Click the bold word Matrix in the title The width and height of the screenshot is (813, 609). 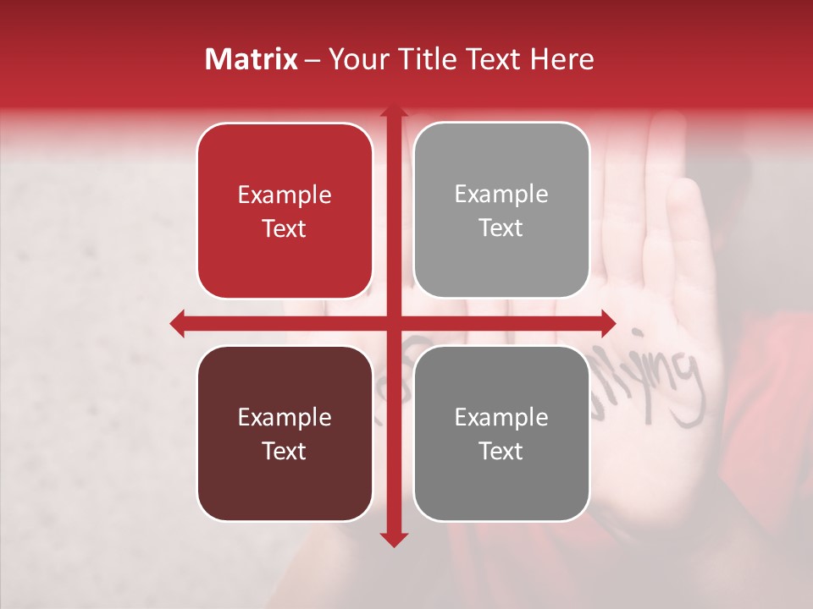pos(251,59)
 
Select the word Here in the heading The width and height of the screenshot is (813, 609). pos(562,59)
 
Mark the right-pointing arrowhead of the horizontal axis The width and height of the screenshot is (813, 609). pos(607,323)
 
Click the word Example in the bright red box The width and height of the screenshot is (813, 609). pos(285,195)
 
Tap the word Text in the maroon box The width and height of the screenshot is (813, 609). pos(285,451)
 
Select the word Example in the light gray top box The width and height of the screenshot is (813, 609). pos(501,194)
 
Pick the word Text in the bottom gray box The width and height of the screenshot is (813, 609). pos(501,451)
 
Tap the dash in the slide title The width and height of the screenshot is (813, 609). pos(312,60)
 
